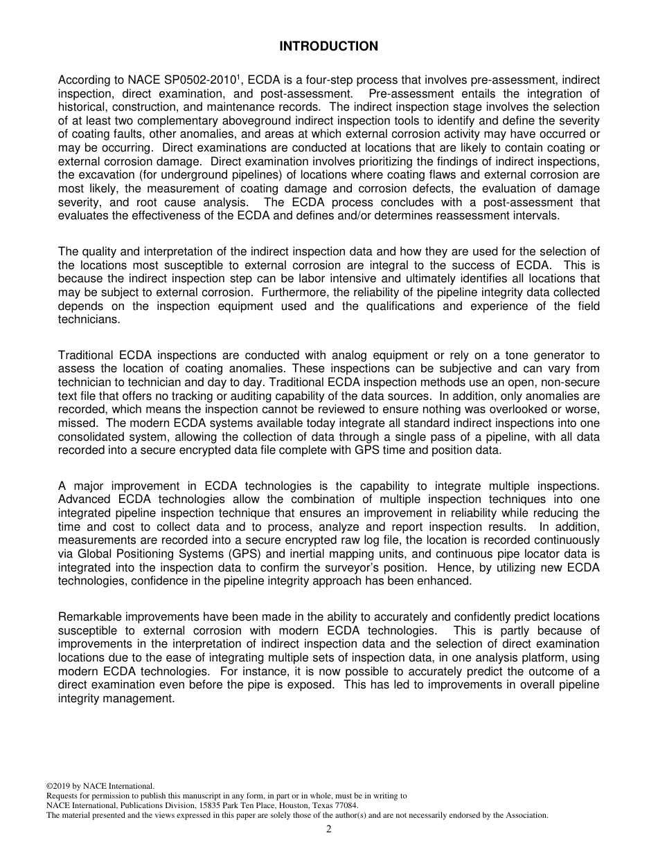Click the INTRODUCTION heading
(x=328, y=46)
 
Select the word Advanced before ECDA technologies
(x=83, y=500)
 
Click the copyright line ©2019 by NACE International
(x=100, y=786)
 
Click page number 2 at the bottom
(x=329, y=830)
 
